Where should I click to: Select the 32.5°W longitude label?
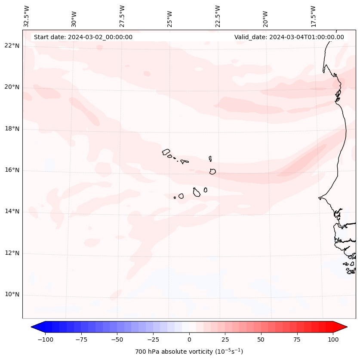pos(27,16)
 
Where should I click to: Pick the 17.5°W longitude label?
pos(313,16)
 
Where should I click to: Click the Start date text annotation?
pos(83,37)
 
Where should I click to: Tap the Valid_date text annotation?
pos(289,37)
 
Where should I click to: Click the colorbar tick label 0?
pos(189,339)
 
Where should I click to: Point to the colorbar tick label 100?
pos(333,339)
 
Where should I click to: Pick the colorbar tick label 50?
pos(261,339)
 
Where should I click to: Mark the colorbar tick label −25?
pos(153,339)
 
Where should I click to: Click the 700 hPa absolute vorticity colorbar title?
pos(189,352)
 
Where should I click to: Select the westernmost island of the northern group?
pos(166,151)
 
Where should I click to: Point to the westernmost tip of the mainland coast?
pos(319,198)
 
